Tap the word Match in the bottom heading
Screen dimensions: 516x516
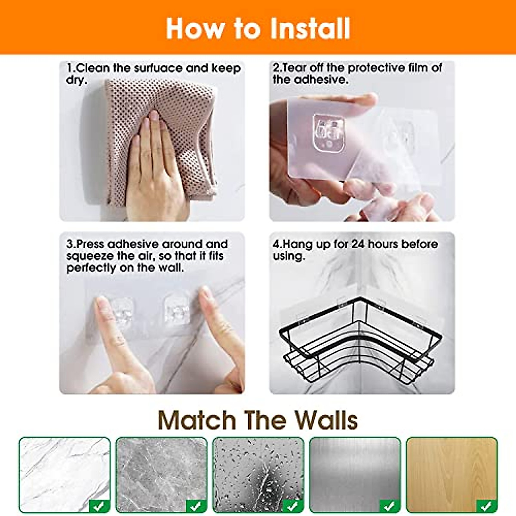[197, 420]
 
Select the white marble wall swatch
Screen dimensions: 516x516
[64, 473]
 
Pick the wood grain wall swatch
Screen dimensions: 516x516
[451, 473]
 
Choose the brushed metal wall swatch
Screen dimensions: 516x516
[355, 473]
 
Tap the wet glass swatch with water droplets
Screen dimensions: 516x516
[258, 473]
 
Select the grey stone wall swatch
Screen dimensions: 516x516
[161, 473]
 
